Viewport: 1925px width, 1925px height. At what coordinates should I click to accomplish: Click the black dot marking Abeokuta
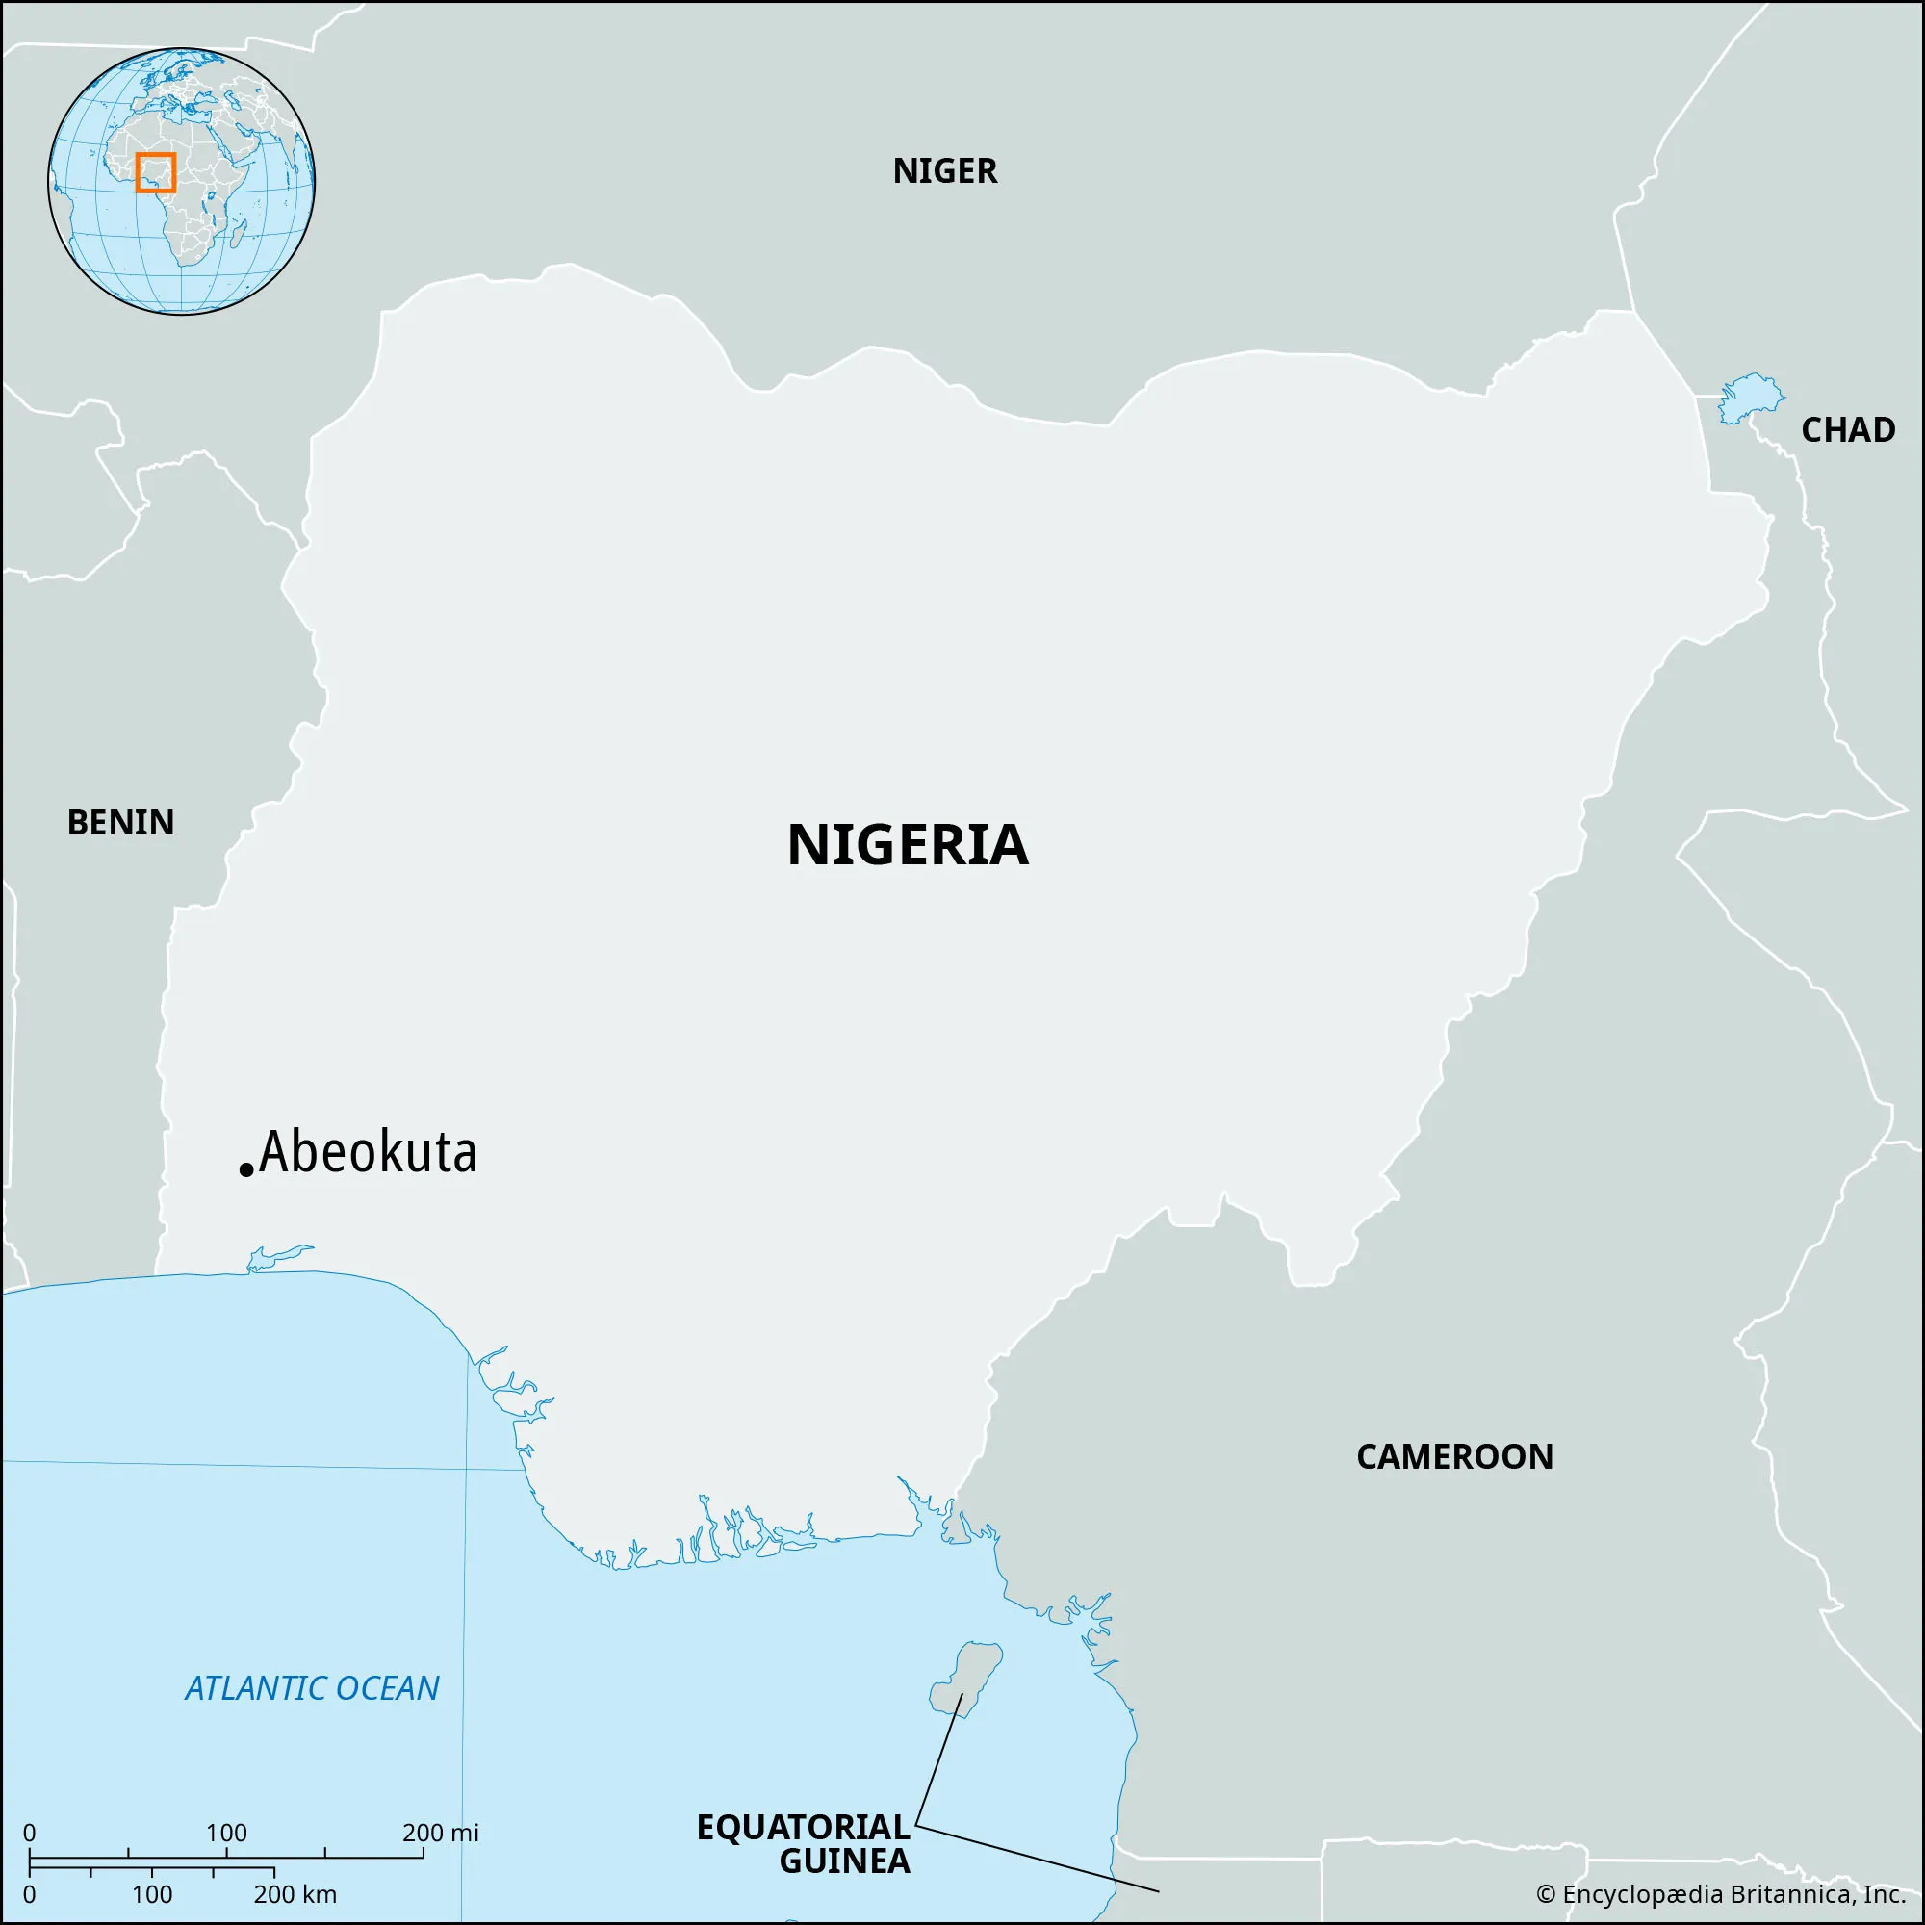(x=246, y=1169)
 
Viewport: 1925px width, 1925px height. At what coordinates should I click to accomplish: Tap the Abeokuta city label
(x=368, y=1153)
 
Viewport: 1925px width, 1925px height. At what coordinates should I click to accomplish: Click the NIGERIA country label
(x=907, y=845)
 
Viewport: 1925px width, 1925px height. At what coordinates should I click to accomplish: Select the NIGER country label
(x=943, y=171)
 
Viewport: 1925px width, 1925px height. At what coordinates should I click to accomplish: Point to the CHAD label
(x=1847, y=430)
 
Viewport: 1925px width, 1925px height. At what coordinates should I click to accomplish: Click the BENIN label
(x=120, y=823)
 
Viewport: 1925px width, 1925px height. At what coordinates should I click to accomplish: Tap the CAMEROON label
(x=1453, y=1456)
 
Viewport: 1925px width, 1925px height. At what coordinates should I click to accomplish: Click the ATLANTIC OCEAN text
(x=312, y=1688)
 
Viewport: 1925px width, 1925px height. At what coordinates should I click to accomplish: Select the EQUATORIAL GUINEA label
(x=803, y=1843)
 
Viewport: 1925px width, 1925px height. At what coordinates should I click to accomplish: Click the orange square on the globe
(x=155, y=172)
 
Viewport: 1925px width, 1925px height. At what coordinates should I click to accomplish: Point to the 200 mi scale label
(x=440, y=1833)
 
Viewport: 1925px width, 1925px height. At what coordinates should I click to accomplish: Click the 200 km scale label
(x=295, y=1894)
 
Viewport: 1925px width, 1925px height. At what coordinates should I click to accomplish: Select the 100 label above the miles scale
(x=226, y=1833)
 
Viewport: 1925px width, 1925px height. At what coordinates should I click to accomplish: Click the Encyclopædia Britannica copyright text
(x=1722, y=1893)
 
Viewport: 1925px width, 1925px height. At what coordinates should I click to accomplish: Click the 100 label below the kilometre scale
(x=151, y=1894)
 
